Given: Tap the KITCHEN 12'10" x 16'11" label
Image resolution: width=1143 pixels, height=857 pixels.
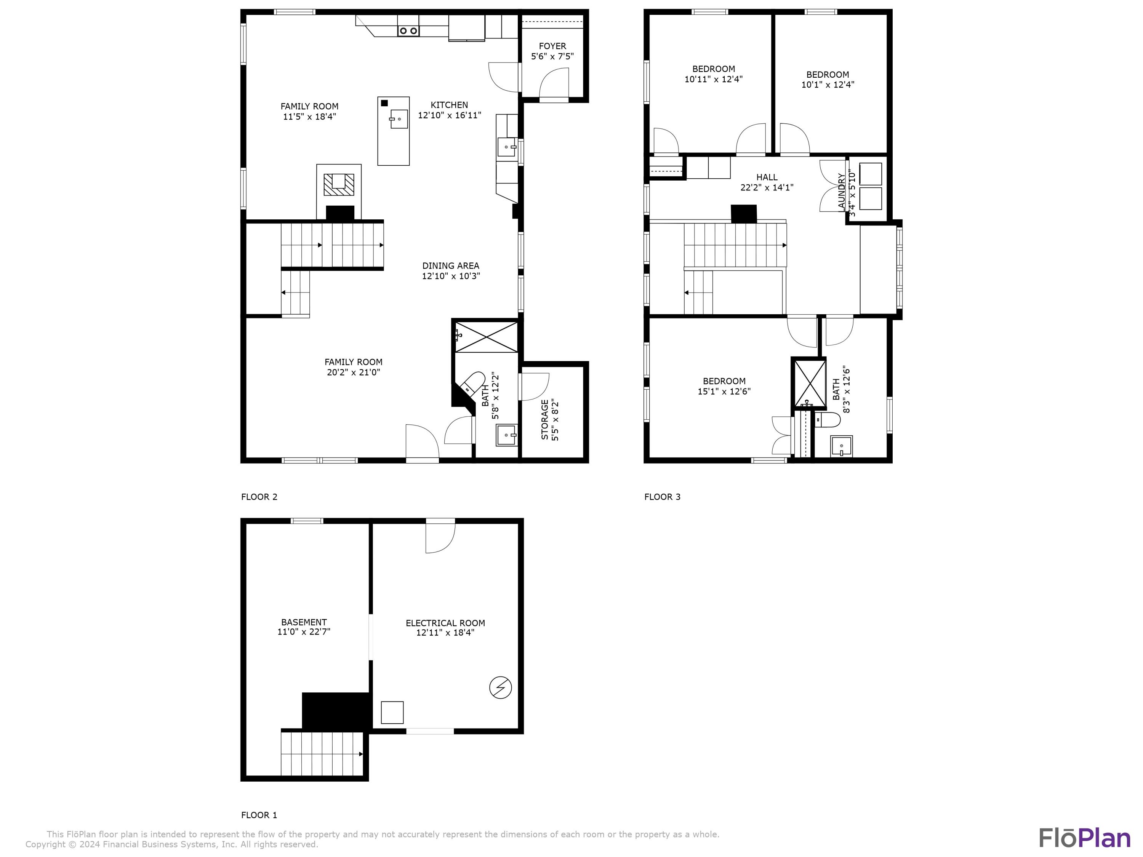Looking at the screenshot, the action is [450, 110].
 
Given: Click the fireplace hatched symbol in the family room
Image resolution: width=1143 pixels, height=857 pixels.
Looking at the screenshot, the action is [339, 184].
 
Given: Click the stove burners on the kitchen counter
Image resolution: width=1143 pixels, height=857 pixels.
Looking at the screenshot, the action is [408, 31].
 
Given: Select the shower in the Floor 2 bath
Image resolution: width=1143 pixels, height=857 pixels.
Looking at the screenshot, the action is [486, 337].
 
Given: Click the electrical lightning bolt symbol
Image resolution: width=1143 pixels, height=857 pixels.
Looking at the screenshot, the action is [500, 688].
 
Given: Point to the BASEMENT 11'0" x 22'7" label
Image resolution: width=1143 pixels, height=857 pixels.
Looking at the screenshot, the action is [304, 627].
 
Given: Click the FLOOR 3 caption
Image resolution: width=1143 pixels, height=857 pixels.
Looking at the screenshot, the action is [663, 497].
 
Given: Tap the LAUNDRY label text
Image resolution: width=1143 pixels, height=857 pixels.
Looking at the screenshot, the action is [842, 192].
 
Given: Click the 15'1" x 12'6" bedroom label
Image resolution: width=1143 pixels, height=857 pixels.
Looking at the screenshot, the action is [724, 386].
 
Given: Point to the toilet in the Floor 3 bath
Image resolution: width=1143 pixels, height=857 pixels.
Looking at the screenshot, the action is [827, 419].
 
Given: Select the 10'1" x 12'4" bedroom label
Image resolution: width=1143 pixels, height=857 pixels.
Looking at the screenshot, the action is [828, 80].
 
